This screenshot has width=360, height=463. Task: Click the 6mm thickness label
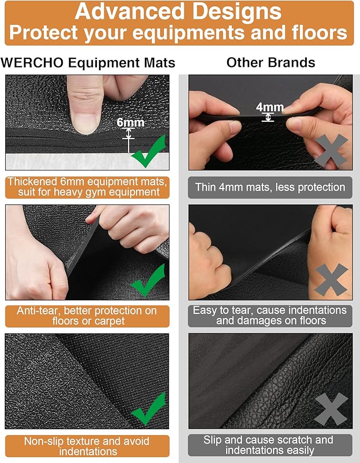point(130,122)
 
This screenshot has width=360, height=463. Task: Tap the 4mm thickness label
point(270,107)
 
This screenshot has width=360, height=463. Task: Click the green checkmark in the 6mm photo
point(149,151)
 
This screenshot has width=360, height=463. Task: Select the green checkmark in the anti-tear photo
point(148,281)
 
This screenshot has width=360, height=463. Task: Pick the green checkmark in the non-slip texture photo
point(149,409)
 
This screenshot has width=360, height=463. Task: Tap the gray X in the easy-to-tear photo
point(332,280)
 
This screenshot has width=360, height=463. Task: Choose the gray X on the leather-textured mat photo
point(331,409)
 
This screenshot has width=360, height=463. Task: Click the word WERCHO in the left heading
point(32,63)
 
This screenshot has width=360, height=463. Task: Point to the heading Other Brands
point(271,63)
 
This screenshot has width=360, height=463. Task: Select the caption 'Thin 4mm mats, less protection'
point(270,187)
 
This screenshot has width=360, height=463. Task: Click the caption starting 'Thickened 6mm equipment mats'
point(87,187)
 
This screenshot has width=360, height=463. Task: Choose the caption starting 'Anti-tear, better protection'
point(87,316)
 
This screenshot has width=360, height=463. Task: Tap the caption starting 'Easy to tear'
point(270,316)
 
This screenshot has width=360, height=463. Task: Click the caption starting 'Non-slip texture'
point(87,446)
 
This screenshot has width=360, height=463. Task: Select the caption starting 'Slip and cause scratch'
point(268,445)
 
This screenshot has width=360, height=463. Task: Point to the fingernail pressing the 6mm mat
point(85,124)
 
